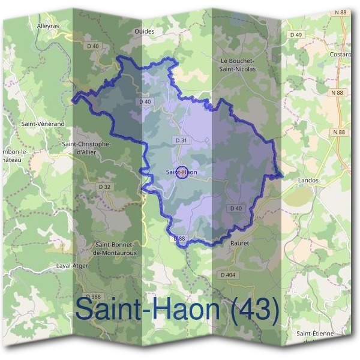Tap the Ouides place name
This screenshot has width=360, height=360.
click(145, 31)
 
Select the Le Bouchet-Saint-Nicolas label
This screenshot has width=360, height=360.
click(238, 65)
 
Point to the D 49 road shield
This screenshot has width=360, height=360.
click(296, 35)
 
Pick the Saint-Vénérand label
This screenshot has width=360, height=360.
click(43, 124)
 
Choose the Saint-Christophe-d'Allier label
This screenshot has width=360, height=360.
click(87, 148)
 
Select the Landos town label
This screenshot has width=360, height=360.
click(308, 180)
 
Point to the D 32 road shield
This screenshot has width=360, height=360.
click(104, 187)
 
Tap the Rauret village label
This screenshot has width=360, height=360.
click(239, 243)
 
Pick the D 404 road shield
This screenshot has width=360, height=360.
click(229, 275)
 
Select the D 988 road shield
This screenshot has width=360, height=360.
click(93, 296)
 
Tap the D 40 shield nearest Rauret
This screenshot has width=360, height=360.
click(236, 208)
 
